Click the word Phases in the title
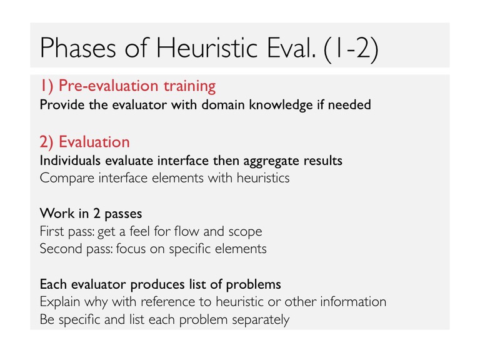coord(78,47)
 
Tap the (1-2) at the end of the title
coord(351,49)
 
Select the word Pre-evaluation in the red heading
coord(108,86)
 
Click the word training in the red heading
coord(189,86)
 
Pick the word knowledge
coord(281,105)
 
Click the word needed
coord(349,105)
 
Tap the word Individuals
coord(70,161)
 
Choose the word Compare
coord(67,179)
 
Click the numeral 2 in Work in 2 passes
coord(97,214)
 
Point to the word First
coord(52,231)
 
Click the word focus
coord(131,249)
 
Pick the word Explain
coord(60,302)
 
